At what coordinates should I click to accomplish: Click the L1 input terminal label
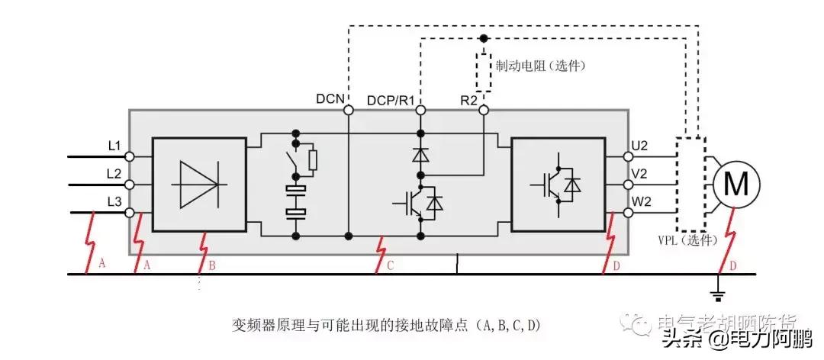[114, 144]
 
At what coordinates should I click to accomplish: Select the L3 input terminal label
[114, 201]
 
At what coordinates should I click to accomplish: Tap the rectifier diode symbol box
[199, 184]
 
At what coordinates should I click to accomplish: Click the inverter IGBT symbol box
[557, 184]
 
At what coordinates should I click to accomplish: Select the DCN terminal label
[331, 99]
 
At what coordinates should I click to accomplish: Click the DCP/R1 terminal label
[390, 99]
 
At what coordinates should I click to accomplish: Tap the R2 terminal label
[470, 99]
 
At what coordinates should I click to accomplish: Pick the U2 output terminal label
[639, 145]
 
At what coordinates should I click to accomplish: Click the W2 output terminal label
[639, 203]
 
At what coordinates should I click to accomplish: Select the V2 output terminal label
[639, 174]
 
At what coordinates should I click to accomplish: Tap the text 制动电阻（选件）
[540, 66]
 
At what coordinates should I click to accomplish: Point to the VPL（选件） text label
[687, 239]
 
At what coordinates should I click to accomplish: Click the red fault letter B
[212, 265]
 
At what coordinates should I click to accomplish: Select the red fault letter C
[391, 265]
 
